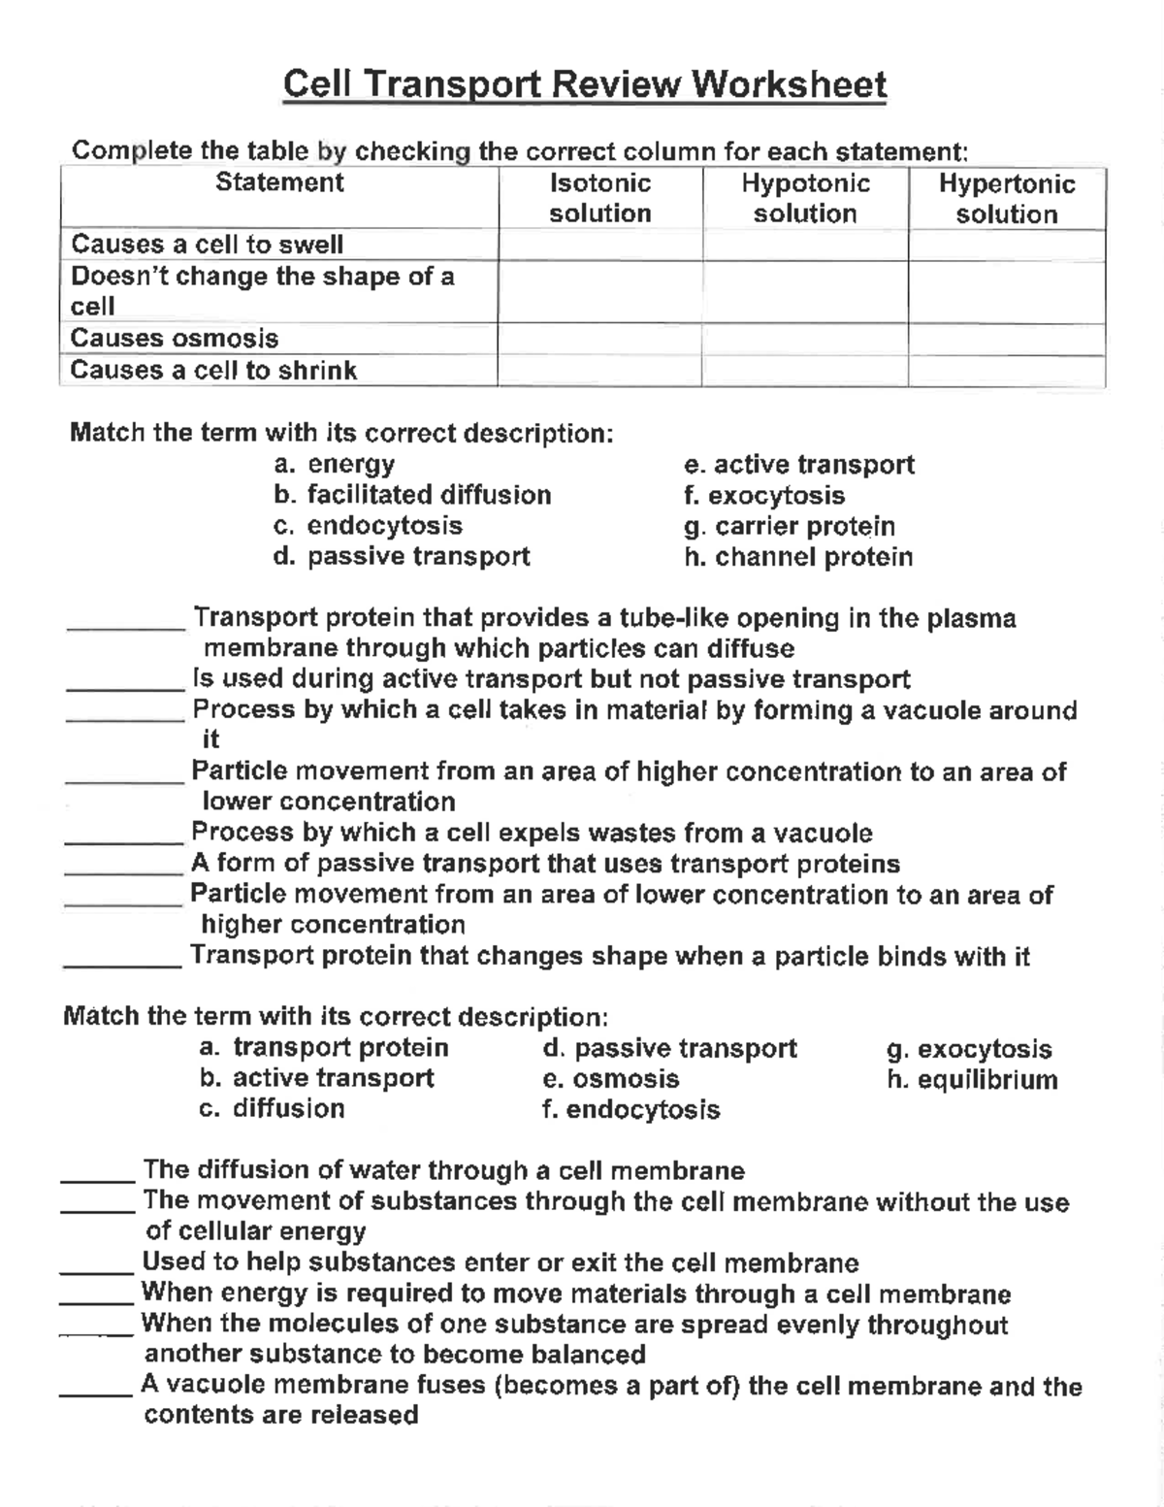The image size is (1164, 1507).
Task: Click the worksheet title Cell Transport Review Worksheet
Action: coord(585,84)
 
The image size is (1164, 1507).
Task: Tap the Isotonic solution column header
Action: coord(599,198)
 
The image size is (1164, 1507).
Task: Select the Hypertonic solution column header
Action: coord(1006,199)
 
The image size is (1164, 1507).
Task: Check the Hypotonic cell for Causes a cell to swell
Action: coord(804,245)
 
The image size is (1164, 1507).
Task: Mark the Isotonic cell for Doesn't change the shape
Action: coord(599,291)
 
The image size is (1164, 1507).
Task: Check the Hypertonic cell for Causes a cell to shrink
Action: coord(1006,371)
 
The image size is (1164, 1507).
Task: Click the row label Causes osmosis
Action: coord(175,339)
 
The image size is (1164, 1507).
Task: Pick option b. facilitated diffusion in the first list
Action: coord(412,495)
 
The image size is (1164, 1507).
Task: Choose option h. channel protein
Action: coord(798,557)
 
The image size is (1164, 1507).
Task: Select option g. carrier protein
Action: coord(790,526)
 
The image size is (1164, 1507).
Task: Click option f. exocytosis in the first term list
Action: coord(764,495)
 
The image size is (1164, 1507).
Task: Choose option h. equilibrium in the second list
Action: coord(972,1079)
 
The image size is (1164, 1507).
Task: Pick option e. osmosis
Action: coord(611,1079)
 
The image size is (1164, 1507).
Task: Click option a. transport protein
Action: coord(324,1048)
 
